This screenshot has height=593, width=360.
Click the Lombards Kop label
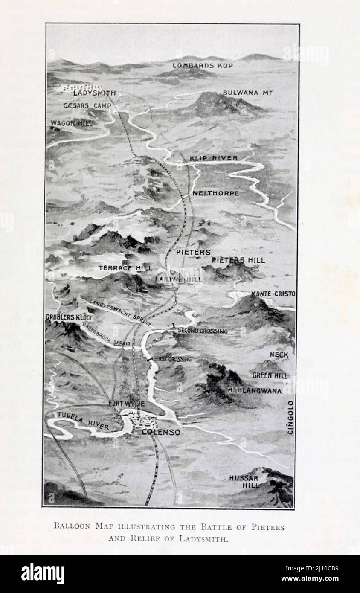click(199, 65)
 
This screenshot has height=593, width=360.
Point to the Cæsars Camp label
click(87, 105)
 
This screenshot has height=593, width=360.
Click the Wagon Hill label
click(71, 123)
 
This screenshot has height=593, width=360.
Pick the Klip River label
click(214, 158)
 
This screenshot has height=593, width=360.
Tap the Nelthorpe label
click(215, 193)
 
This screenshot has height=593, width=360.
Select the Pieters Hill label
click(238, 260)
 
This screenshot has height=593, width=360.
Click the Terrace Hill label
click(125, 268)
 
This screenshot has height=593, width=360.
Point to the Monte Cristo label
click(273, 294)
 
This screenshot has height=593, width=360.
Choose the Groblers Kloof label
click(69, 318)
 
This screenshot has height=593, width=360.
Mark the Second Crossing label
click(202, 331)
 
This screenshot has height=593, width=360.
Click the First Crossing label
click(172, 359)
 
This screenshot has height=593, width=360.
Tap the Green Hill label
click(270, 375)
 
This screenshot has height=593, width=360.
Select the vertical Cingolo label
click(290, 417)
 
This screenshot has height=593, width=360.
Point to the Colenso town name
click(161, 432)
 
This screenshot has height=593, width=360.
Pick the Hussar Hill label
click(244, 481)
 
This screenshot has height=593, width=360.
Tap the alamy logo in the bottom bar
click(43, 574)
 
